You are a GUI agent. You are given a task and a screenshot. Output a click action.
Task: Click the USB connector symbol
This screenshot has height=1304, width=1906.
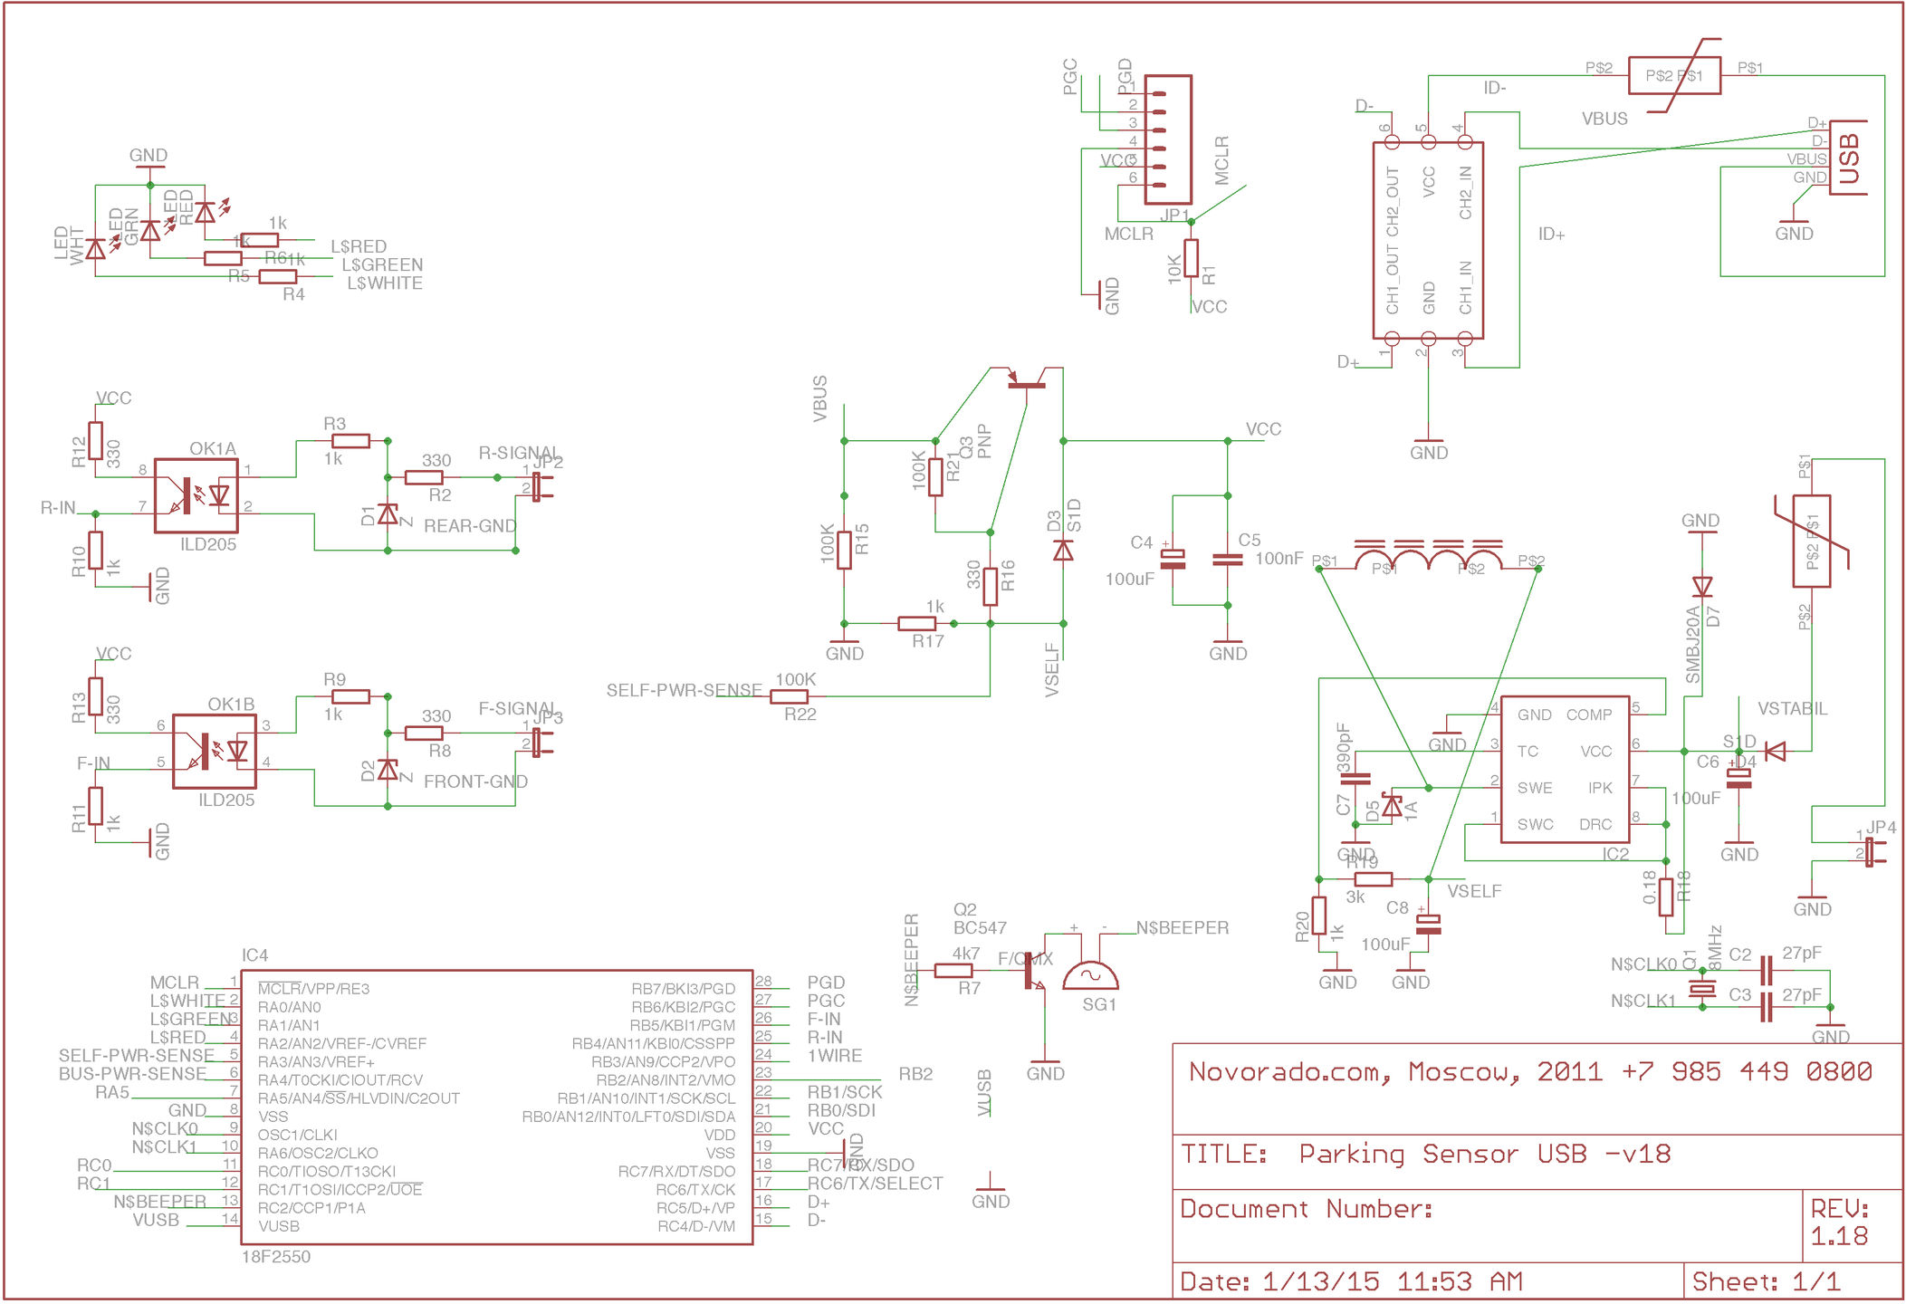tap(1847, 158)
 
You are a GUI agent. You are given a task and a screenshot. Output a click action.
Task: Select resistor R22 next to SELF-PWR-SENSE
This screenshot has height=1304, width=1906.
tap(789, 696)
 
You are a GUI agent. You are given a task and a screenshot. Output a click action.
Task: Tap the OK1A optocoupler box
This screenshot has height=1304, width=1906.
tap(196, 496)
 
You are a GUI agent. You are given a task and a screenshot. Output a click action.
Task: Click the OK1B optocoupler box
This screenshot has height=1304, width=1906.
tap(215, 752)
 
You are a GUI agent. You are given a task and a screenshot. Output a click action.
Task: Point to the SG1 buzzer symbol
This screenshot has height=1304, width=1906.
tap(1090, 976)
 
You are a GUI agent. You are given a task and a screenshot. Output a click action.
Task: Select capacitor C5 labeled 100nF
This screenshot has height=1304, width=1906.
tap(1227, 560)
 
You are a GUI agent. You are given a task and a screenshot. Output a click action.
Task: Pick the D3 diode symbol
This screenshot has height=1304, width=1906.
tap(1063, 550)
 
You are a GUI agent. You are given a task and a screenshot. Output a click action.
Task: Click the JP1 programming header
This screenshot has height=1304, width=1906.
tap(1167, 139)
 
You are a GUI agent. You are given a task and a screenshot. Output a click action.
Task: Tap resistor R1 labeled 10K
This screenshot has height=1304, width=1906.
tap(1191, 258)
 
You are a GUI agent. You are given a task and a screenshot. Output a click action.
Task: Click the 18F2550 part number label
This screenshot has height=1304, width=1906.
tap(275, 1257)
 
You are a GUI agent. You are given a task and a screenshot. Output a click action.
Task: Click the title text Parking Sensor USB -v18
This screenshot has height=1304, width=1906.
tap(1484, 1154)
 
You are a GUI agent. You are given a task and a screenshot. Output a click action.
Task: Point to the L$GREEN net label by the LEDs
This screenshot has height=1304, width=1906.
tap(381, 265)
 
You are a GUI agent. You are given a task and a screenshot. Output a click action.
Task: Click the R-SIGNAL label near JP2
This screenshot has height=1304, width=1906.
tap(517, 453)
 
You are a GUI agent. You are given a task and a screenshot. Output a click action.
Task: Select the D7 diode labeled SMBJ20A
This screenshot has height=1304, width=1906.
tap(1701, 588)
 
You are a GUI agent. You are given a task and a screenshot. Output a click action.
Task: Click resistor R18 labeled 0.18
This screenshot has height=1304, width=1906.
tap(1665, 897)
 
